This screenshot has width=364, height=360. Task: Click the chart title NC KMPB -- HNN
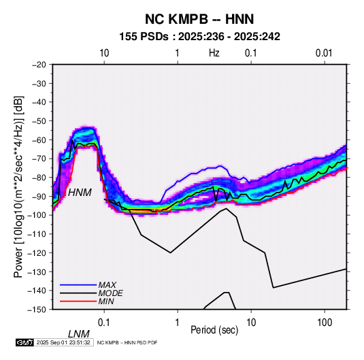click(x=199, y=19)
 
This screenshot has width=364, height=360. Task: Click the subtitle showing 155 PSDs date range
click(x=199, y=37)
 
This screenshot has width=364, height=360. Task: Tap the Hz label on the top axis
click(x=214, y=53)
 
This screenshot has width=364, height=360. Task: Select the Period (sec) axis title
click(x=214, y=330)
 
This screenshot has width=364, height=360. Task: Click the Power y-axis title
click(x=18, y=186)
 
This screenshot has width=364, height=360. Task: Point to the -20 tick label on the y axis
click(x=39, y=65)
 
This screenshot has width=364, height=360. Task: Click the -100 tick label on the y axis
click(x=37, y=215)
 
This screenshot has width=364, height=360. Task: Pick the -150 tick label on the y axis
click(x=37, y=310)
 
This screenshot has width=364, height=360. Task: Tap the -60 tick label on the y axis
click(x=39, y=140)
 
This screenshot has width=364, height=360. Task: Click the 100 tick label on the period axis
click(x=325, y=323)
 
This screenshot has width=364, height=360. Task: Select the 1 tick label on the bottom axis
click(x=178, y=323)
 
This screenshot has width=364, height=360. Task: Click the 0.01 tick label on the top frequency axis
click(x=324, y=53)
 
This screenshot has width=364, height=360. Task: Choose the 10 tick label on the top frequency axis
click(x=104, y=53)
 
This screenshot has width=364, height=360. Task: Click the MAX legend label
click(x=107, y=285)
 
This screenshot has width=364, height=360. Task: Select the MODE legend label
click(x=110, y=293)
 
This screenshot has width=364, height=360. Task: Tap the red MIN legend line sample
click(x=78, y=301)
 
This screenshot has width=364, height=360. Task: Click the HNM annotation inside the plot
click(x=80, y=193)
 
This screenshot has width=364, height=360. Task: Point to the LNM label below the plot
click(x=79, y=334)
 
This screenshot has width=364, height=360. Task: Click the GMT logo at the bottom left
click(x=25, y=342)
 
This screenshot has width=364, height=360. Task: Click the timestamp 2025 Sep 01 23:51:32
click(x=63, y=342)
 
